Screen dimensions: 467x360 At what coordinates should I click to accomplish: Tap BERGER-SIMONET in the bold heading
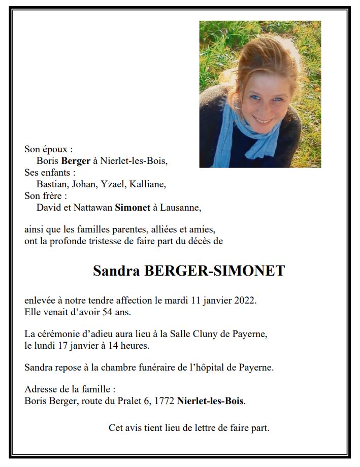coord(215,271)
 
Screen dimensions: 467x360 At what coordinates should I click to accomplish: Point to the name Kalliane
coord(148,184)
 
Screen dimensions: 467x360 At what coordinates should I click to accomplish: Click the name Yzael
coord(111,184)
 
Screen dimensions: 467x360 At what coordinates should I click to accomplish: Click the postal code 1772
coord(163,401)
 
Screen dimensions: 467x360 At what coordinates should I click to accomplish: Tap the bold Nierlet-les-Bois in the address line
coord(211,401)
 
